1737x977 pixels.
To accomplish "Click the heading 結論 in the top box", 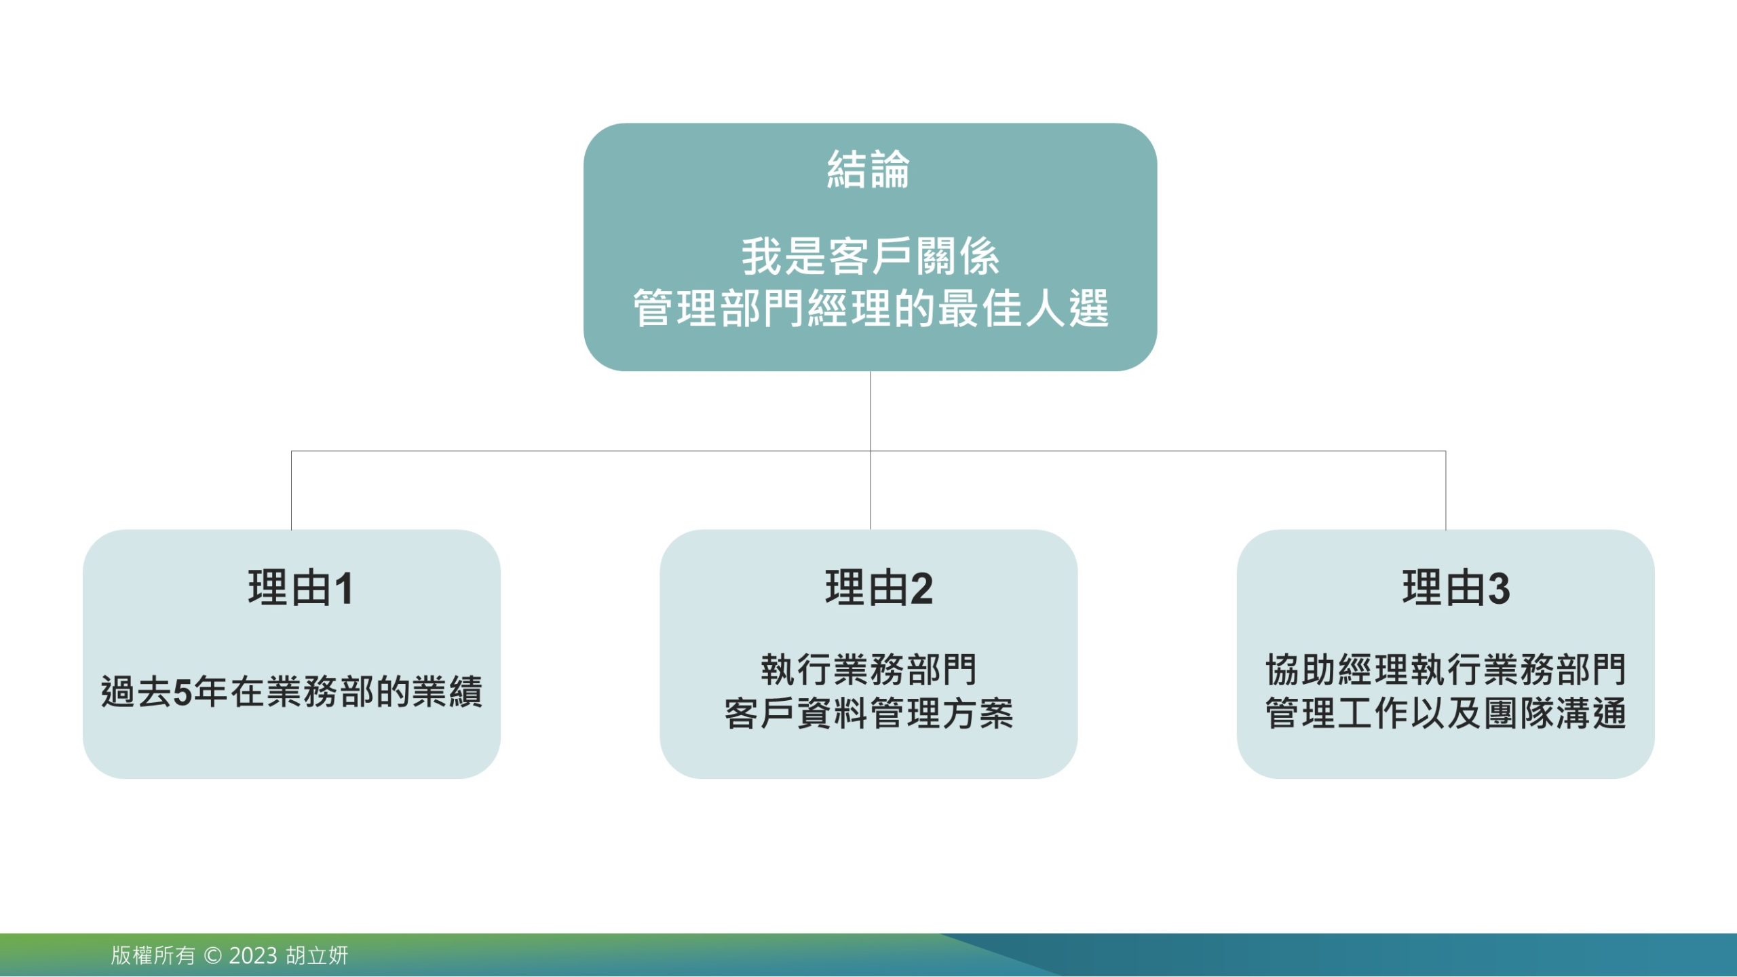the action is (868, 170).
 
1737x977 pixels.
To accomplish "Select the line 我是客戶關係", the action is (870, 257).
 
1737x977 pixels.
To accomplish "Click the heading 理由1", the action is (301, 588).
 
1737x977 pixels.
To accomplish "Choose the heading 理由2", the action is (879, 588).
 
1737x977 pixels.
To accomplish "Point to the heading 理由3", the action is (1456, 588).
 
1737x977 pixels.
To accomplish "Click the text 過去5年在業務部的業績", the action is (292, 692).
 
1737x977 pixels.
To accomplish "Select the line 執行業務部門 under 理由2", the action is (868, 670).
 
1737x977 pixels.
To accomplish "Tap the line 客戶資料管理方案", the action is (868, 714).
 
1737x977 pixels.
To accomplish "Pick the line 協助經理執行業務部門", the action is (1446, 670).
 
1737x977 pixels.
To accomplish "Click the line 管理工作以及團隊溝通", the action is (1446, 714).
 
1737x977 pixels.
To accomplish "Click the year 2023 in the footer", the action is (253, 956).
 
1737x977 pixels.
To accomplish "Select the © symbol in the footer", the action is (213, 956).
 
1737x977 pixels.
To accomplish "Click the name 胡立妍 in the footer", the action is (317, 955).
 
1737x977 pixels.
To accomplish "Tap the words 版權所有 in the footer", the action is (153, 955).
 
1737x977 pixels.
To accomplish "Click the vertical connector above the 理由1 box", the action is (291, 491).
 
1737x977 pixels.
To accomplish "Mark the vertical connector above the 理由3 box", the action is (1446, 491).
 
